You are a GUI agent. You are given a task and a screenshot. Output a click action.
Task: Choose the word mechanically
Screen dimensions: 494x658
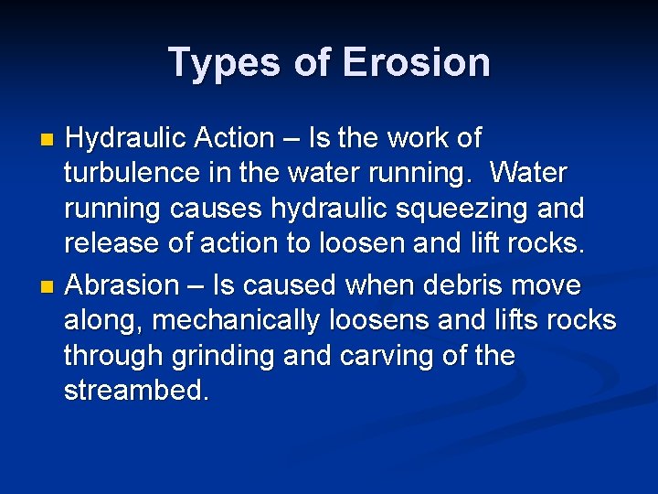(x=238, y=319)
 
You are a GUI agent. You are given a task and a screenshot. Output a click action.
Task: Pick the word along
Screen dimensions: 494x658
(x=102, y=319)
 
